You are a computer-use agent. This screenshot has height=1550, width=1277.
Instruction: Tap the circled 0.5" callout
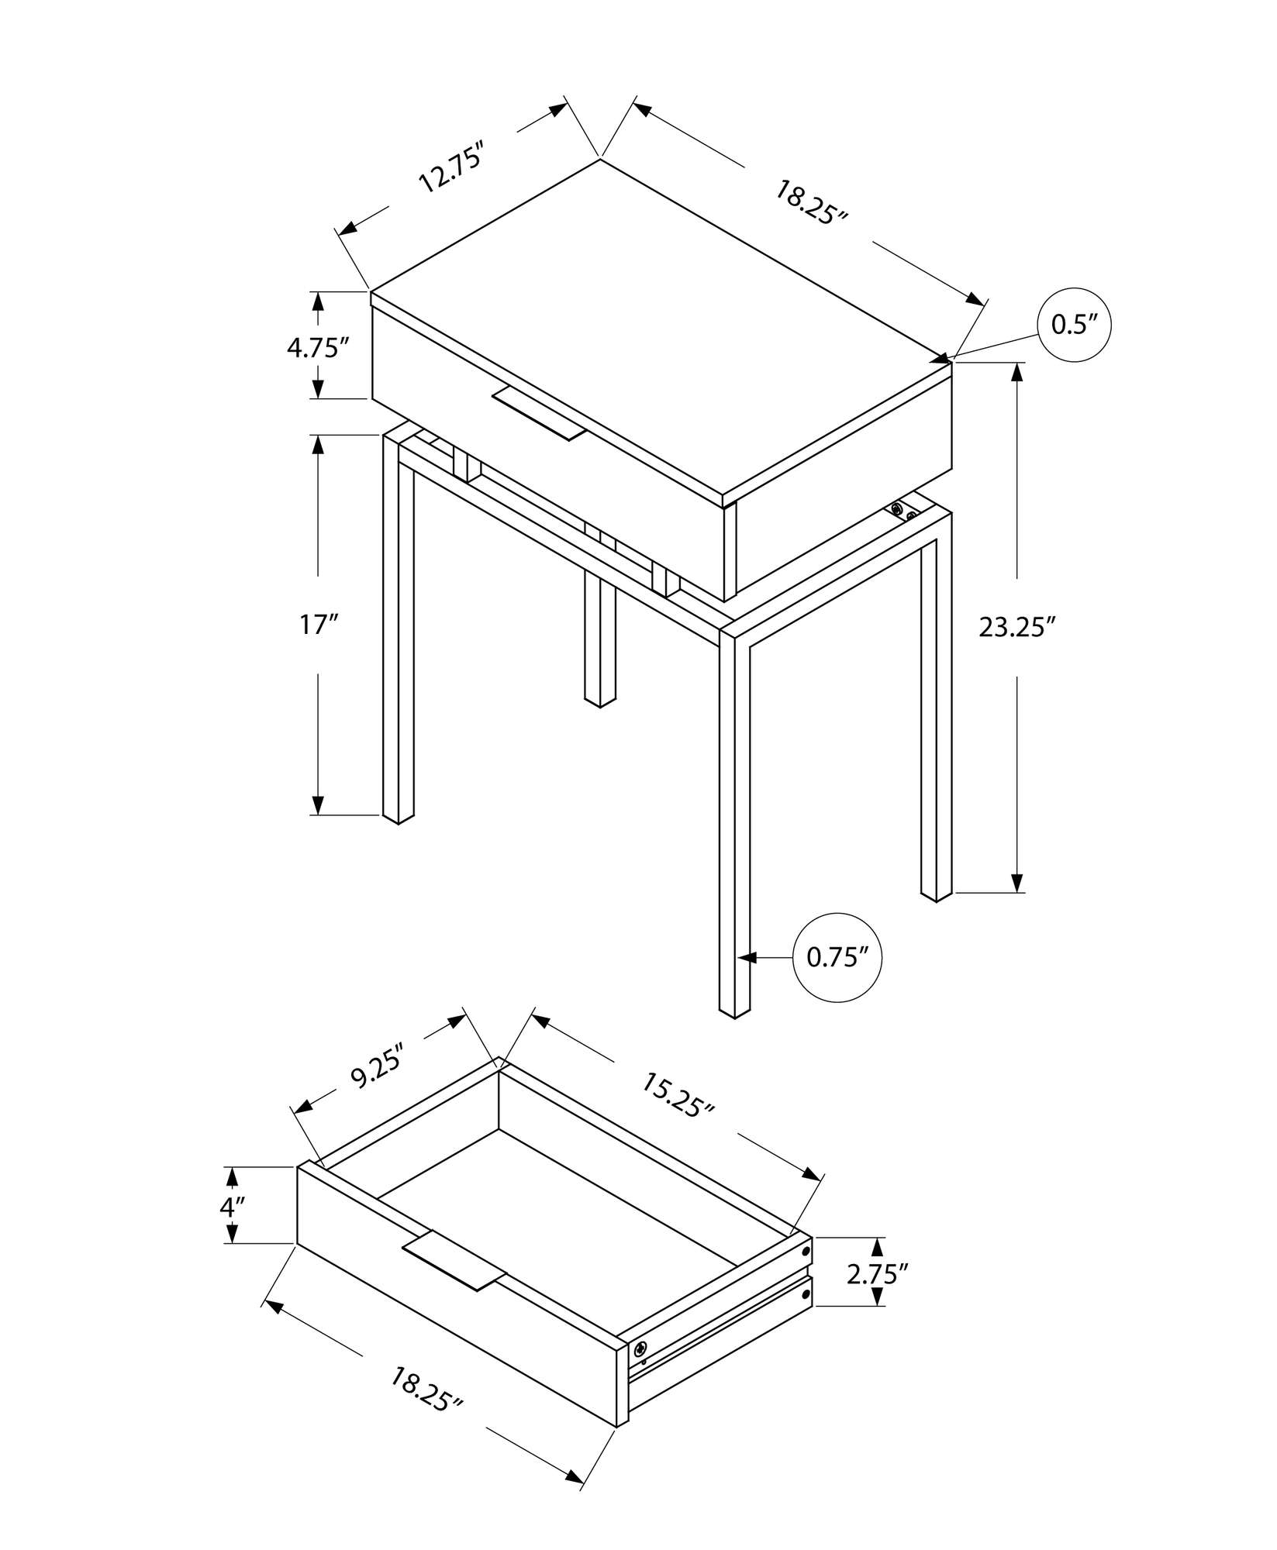pyautogui.click(x=1074, y=325)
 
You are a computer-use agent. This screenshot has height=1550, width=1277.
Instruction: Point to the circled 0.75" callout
pyautogui.click(x=837, y=958)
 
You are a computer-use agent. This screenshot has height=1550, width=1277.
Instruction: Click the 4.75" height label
pyautogui.click(x=314, y=348)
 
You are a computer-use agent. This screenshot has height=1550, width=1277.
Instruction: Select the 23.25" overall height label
pyautogui.click(x=1017, y=627)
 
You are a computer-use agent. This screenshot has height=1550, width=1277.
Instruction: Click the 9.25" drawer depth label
pyautogui.click(x=378, y=1067)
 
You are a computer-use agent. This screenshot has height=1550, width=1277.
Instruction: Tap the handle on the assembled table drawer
pyautogui.click(x=539, y=415)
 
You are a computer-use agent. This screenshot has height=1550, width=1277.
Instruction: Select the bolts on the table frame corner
pyautogui.click(x=903, y=511)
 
